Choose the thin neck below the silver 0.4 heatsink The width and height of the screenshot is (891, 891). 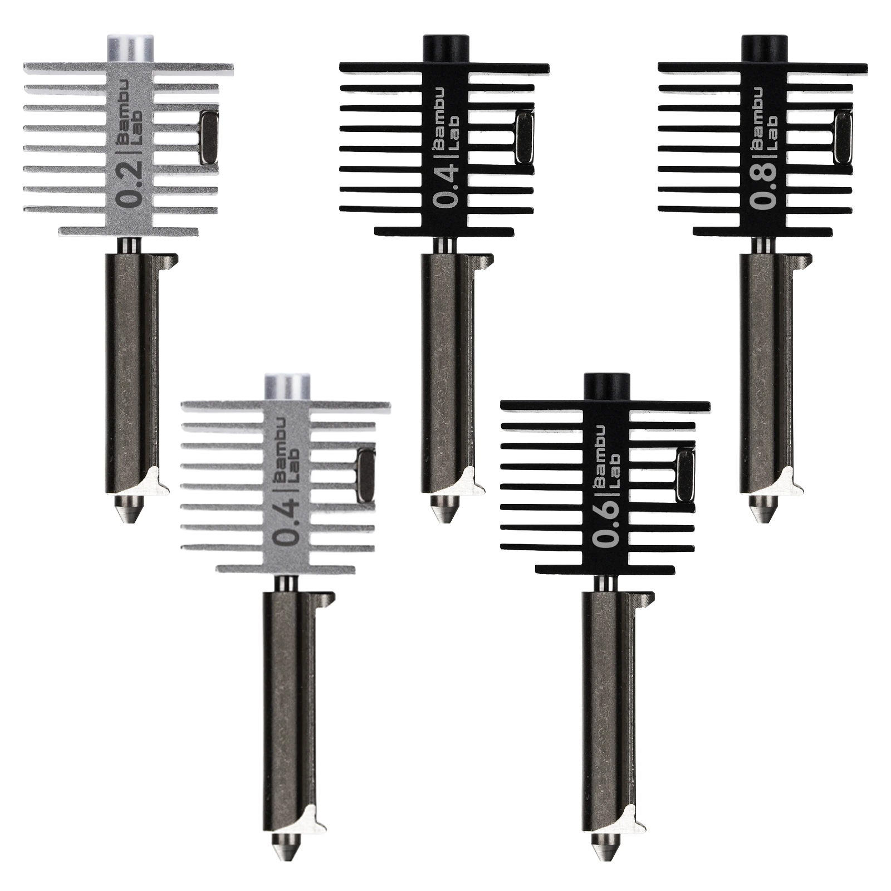point(286,584)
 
